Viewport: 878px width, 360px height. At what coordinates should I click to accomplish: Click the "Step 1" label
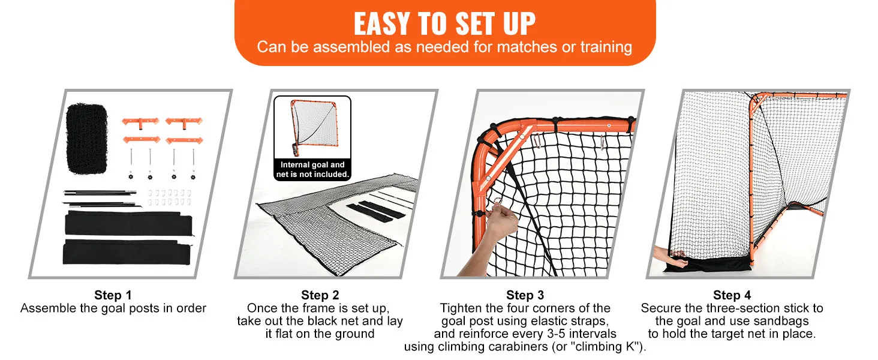(113, 295)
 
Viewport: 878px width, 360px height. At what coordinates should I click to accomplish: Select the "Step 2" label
(320, 295)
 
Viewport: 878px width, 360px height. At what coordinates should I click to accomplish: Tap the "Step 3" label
(525, 295)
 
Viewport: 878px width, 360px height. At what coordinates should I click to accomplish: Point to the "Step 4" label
(732, 295)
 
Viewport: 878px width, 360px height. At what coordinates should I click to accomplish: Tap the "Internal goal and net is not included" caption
(312, 169)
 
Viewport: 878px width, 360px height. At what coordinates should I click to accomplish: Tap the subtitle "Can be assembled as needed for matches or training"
(444, 47)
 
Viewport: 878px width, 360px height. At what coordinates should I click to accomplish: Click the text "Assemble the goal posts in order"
(113, 308)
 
